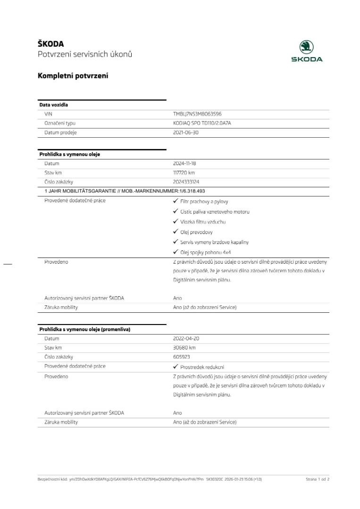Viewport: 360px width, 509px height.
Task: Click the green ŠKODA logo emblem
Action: [306, 47]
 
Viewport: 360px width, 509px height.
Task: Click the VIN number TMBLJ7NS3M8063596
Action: [197, 114]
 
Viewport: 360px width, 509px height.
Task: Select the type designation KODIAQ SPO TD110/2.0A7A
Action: [202, 123]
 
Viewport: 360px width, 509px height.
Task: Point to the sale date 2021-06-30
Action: [186, 133]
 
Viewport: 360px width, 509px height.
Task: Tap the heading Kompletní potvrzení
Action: [73, 75]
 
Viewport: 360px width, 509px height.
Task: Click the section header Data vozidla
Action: [53, 105]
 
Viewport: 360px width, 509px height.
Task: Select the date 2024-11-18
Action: [185, 163]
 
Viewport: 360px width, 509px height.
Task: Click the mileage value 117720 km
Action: [184, 173]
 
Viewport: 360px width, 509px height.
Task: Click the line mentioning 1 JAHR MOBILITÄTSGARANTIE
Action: [125, 191]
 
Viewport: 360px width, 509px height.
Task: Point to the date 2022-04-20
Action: [186, 339]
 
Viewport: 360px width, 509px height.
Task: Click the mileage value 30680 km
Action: [184, 348]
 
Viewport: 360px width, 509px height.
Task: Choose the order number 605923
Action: [182, 357]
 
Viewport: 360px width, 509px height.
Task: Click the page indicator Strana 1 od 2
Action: [317, 479]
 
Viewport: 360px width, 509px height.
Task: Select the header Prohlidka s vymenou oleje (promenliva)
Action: [84, 329]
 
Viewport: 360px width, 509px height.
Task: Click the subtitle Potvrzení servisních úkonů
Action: [85, 54]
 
